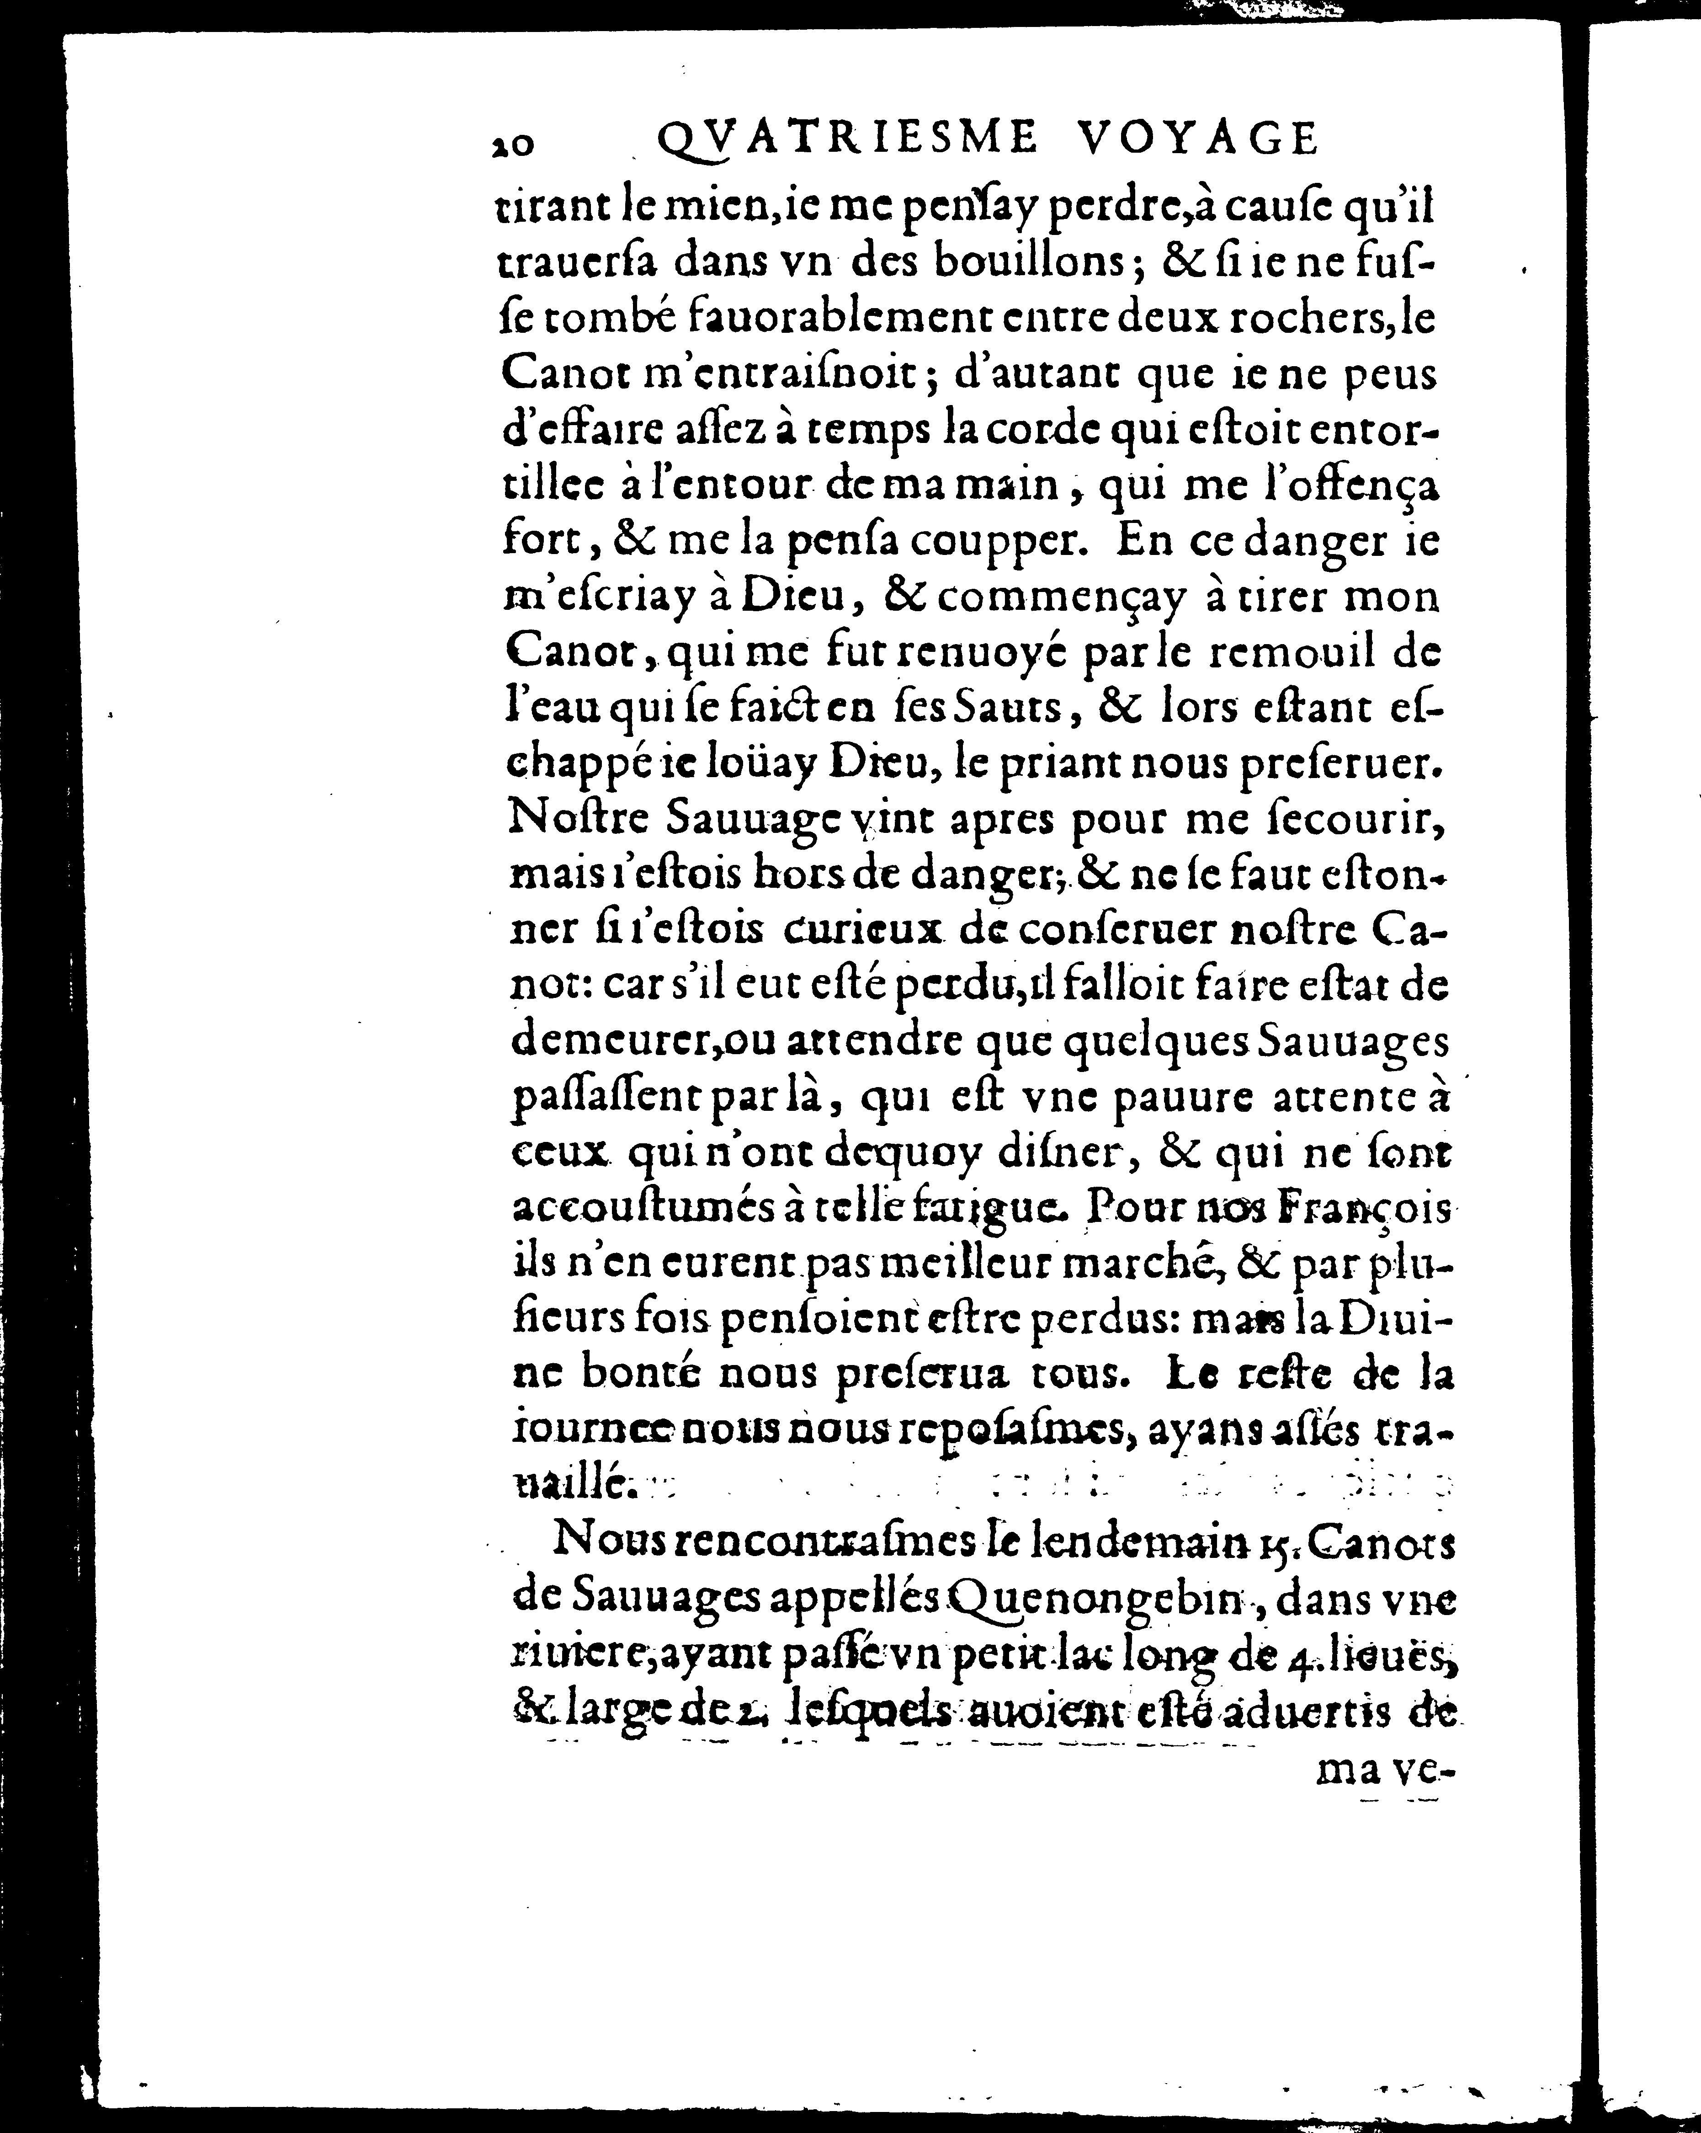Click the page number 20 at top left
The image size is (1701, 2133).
pos(513,144)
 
